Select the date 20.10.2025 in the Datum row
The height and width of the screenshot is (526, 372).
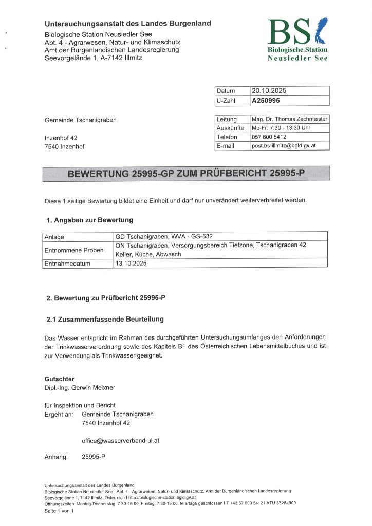click(x=269, y=91)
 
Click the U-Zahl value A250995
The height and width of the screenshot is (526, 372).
click(x=266, y=101)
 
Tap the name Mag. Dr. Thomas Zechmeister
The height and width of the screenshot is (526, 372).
click(x=289, y=119)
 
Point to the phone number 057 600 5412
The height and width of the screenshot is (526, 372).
click(x=269, y=137)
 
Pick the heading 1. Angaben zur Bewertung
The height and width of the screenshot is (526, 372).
click(x=90, y=220)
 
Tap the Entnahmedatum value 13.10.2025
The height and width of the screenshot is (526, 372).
click(x=132, y=263)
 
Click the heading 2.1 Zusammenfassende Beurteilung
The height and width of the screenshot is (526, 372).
click(x=105, y=319)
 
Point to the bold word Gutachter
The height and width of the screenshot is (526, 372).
click(x=60, y=379)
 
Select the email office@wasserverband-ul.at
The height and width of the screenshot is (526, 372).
click(x=123, y=441)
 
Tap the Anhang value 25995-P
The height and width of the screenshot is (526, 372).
click(x=94, y=457)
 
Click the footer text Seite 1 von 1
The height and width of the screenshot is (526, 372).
click(x=59, y=511)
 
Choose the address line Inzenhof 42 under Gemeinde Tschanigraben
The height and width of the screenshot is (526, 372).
click(x=61, y=138)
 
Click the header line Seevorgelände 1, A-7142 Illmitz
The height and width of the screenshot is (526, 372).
click(x=94, y=58)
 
